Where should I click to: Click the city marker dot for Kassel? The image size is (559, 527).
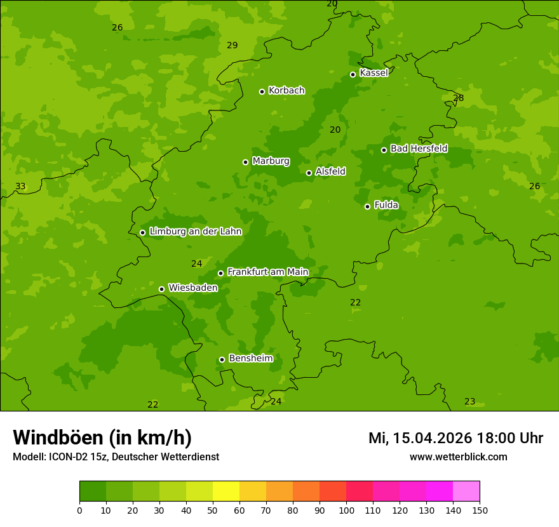coord(353,74)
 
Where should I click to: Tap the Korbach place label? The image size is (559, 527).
coord(286,91)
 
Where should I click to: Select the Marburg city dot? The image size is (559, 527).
coord(245,162)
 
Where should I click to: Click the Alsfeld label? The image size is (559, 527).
coord(330,171)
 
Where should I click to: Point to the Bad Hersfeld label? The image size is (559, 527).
coord(419,149)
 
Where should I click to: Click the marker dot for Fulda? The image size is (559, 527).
coord(367,206)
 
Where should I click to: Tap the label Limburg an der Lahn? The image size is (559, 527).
coord(195,232)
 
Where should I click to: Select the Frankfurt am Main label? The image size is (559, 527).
coord(267,272)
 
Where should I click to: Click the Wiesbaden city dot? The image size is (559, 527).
coord(161,289)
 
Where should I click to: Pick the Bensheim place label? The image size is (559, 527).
coord(250,358)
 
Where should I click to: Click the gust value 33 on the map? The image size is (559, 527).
coord(20,186)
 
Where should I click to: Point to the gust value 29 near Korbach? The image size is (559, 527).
coord(232,45)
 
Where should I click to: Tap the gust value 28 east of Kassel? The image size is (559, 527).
coord(458,98)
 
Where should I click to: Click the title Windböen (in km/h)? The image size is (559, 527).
coord(102,437)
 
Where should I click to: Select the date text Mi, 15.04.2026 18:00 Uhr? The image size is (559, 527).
coord(455,438)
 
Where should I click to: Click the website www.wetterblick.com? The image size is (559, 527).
coord(458,457)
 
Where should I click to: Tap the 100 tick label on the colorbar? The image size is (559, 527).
coord(346,510)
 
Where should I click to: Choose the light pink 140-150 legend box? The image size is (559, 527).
coord(466,491)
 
